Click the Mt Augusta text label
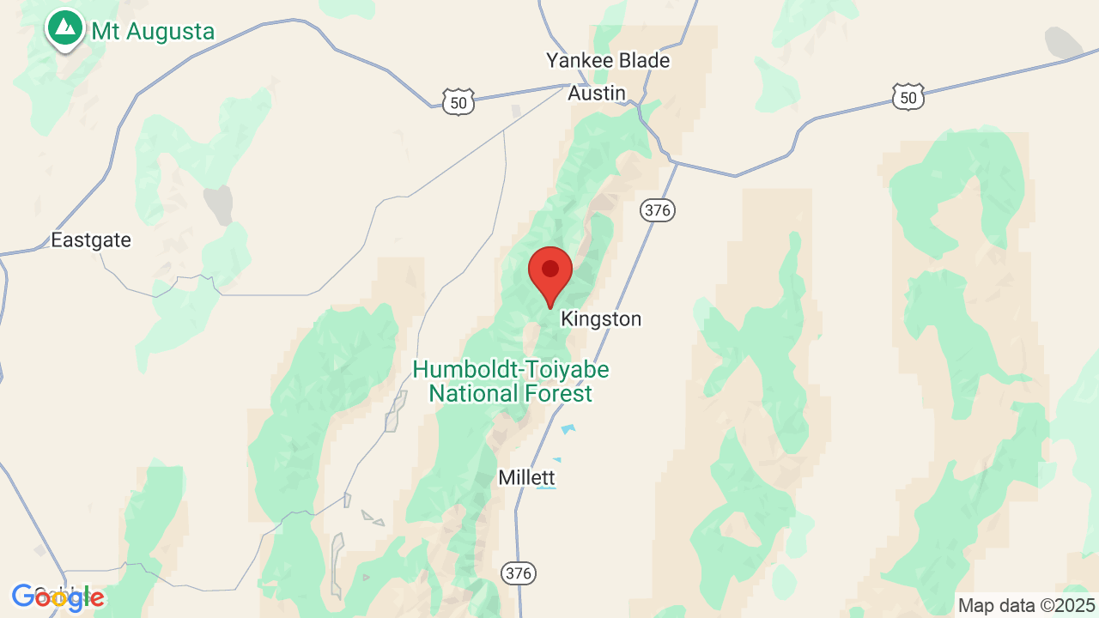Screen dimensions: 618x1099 [153, 33]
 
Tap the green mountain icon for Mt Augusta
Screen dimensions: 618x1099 [64, 27]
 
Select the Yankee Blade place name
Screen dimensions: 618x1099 [608, 61]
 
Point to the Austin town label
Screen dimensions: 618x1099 [597, 93]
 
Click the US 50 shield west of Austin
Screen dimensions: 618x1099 [459, 103]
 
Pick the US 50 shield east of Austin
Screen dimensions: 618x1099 [908, 98]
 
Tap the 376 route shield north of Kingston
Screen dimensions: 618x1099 [658, 209]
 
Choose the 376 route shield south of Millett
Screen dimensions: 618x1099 [519, 573]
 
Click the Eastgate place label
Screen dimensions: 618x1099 [91, 240]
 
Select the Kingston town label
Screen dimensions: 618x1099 [601, 319]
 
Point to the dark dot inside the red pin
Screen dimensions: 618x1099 [550, 269]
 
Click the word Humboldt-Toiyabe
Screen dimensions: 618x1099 [511, 370]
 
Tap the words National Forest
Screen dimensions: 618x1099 [511, 394]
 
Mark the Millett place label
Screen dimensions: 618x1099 [526, 477]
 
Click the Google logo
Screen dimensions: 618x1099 [58, 597]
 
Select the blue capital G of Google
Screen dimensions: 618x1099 [23, 597]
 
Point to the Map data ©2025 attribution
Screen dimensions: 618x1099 [1027, 605]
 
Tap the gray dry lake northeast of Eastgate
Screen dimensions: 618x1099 [218, 205]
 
